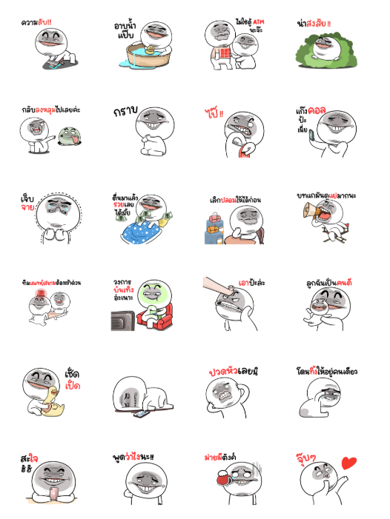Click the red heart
tap(348, 464)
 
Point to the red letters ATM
tap(257, 23)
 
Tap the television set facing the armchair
tap(122, 318)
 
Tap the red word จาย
tap(29, 209)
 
